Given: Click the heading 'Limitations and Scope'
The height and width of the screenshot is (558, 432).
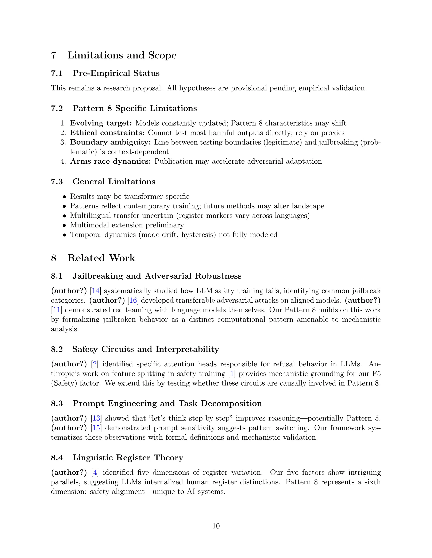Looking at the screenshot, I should tap(122, 55).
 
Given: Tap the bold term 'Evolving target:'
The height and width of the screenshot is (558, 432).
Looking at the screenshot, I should tap(101, 123).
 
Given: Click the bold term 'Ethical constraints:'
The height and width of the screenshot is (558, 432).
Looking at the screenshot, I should tap(107, 133).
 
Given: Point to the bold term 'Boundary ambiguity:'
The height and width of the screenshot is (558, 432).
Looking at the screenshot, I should tap(110, 142).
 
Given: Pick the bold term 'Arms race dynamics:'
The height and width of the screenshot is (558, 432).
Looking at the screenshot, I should tap(111, 162).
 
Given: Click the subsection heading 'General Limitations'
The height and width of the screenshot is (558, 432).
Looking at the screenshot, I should tap(114, 182).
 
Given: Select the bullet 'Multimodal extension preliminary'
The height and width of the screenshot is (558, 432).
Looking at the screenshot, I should tap(127, 225).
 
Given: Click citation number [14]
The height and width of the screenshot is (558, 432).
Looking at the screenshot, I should tap(96, 291).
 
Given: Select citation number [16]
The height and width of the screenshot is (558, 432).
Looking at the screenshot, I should tap(133, 300).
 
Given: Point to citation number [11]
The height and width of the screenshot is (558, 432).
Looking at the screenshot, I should tap(56, 310).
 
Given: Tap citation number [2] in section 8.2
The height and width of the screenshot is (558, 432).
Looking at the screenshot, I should tap(95, 364).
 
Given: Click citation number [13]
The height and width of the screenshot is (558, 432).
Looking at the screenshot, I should tap(96, 418).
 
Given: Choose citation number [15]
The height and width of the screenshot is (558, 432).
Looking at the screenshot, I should tap(96, 428).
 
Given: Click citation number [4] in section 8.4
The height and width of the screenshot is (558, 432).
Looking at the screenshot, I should tap(95, 473).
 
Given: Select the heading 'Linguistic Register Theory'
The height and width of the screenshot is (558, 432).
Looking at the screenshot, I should tap(128, 458).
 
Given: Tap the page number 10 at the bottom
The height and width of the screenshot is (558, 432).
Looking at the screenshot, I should tap(216, 526).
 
